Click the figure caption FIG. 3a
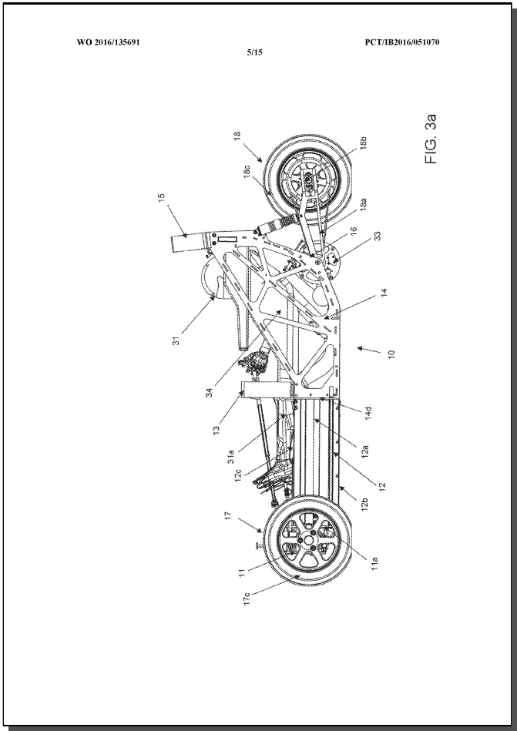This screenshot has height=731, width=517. point(431,139)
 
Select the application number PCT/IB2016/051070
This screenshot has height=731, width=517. point(402,42)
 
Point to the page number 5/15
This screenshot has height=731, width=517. point(254,52)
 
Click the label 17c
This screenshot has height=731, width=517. point(247,599)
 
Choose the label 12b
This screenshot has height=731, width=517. point(365,505)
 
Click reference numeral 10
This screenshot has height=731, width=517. point(391,354)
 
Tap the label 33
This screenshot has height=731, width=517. point(378,236)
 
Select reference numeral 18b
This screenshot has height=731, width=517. point(363,143)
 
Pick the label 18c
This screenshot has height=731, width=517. point(247,171)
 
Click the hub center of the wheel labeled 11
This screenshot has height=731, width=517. point(308,540)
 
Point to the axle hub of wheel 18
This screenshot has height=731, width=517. point(308,178)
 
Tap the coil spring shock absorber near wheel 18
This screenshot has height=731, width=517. point(278,222)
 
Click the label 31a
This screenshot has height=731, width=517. point(232,455)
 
